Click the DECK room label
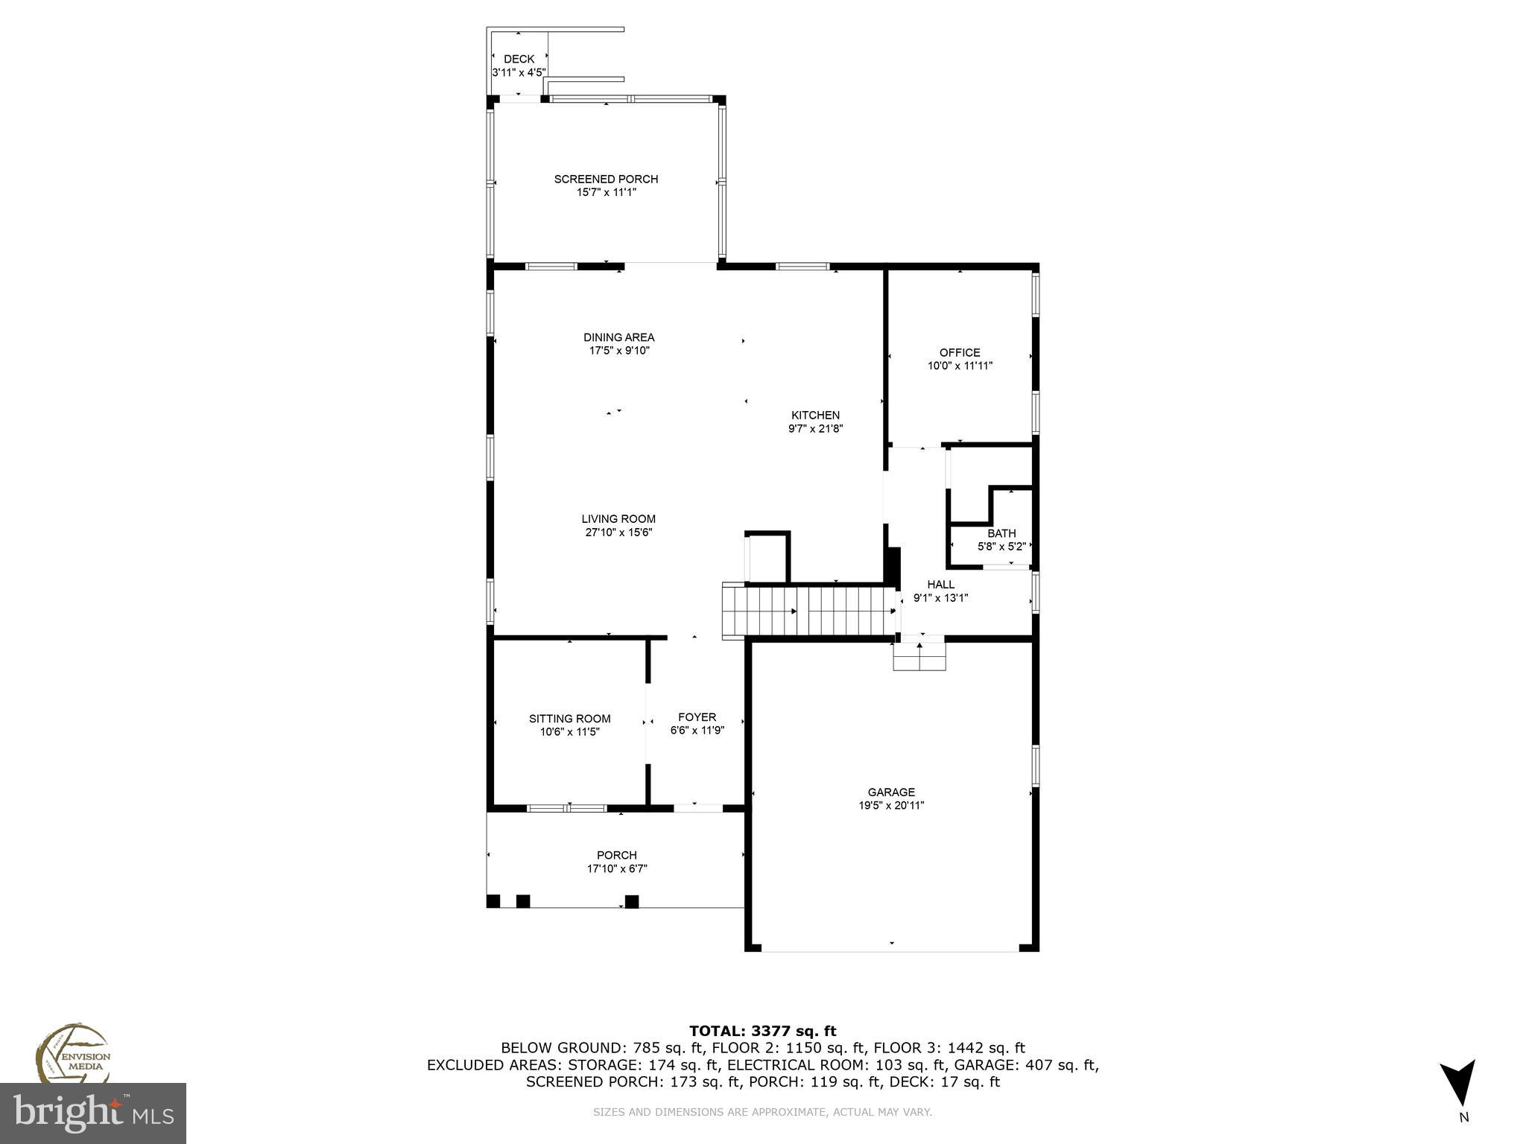tap(519, 60)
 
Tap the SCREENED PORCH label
tap(606, 179)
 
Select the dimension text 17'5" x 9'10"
tap(618, 351)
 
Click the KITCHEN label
tap(815, 416)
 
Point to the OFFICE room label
tap(960, 353)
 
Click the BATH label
tap(1001, 533)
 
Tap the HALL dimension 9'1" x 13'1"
tap(940, 597)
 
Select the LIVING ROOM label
tap(618, 519)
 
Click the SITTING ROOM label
tap(569, 719)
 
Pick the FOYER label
tap(697, 717)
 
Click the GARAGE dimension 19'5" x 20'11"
tap(891, 805)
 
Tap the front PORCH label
tap(616, 855)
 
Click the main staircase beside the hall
tap(808, 611)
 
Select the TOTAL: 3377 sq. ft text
tap(762, 1031)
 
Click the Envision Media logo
tap(72, 1054)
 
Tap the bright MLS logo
tap(93, 1113)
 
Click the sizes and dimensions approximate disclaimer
tap(762, 1112)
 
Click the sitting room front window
tap(566, 808)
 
